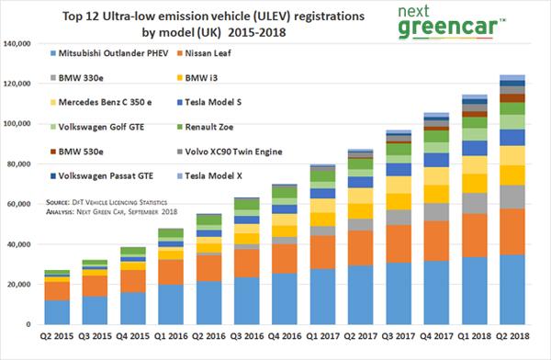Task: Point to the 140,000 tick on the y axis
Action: pyautogui.click(x=19, y=44)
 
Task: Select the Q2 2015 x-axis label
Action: pyautogui.click(x=57, y=338)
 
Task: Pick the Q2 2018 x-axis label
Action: pyautogui.click(x=512, y=338)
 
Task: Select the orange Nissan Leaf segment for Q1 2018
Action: pyautogui.click(x=474, y=235)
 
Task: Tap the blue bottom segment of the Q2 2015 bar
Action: pyautogui.click(x=57, y=313)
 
